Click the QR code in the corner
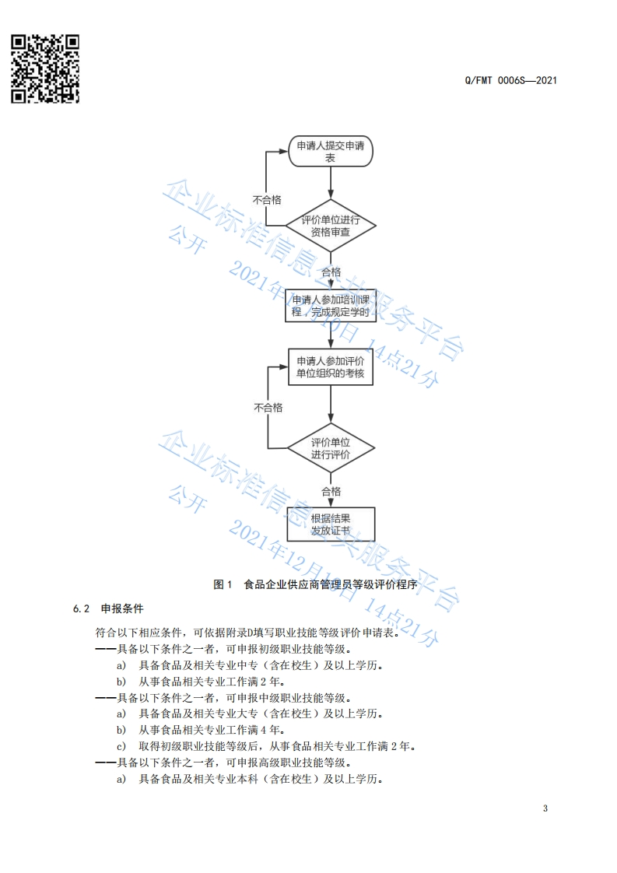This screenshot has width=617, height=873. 45,68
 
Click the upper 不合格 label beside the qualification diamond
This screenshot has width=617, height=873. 267,200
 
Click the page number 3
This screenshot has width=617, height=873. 545,808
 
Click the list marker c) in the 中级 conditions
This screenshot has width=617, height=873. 121,746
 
